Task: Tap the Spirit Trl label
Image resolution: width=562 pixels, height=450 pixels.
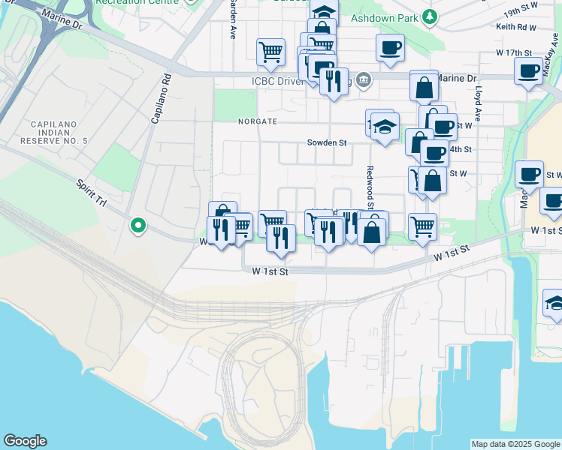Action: (x=90, y=191)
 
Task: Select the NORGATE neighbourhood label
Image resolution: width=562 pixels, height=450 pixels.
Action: (x=258, y=121)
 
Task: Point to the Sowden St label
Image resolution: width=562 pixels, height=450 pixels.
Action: (x=326, y=142)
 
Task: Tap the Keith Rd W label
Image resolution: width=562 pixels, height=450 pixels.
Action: (x=515, y=27)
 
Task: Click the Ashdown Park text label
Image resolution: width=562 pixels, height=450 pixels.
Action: (x=385, y=16)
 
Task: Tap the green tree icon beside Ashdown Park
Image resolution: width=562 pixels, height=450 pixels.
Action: (x=429, y=16)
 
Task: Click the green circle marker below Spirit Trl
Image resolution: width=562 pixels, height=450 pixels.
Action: (x=137, y=224)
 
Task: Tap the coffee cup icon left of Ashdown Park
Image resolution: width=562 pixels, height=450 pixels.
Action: (x=390, y=48)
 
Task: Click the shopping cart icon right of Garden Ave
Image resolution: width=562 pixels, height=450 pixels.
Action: (x=270, y=52)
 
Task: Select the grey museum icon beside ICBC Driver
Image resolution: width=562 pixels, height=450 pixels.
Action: (x=364, y=79)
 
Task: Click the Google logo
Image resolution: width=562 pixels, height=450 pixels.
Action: (x=25, y=441)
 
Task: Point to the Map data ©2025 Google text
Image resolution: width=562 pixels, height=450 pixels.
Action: (x=515, y=444)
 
